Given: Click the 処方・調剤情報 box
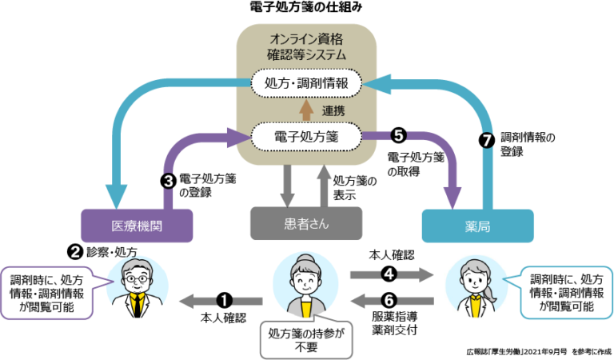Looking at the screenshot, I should coord(307,82).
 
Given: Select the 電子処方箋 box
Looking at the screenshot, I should coord(307,137).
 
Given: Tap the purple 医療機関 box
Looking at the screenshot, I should coord(137,226).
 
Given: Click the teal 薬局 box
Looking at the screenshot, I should coord(477,226).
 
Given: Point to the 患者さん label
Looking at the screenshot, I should coord(306,224).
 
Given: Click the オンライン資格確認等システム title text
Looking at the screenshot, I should coord(306,46).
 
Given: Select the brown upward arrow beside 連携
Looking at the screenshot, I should coord(306,110).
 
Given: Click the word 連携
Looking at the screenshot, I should coord(333,110).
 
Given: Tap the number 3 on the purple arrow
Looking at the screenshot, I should coord(168,182).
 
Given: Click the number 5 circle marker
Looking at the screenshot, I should coord(398,136).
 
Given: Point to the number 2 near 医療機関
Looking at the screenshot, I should coord(75,251).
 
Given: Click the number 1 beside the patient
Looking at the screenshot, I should coord(225,301).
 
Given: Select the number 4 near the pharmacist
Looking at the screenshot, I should coord(389,274).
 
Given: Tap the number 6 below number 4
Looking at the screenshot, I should coord(389,301).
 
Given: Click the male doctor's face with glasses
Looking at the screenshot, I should coord(137,280).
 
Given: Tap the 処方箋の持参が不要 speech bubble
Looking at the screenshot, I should coord(306,339).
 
